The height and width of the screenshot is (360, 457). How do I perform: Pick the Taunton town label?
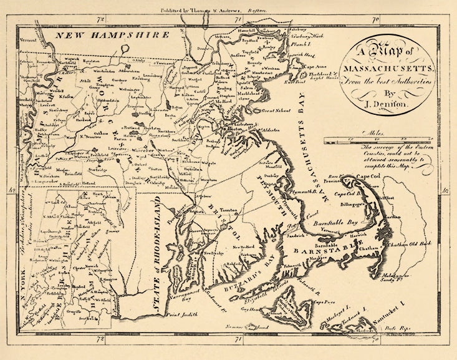coord(226,212)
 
